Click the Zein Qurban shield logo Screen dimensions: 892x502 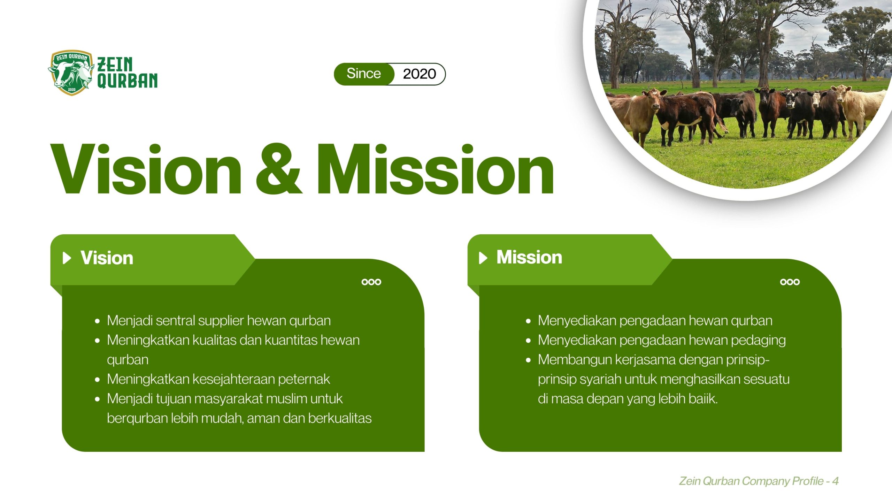[x=71, y=73]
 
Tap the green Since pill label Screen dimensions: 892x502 [x=363, y=74]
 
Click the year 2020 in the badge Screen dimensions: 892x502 [x=419, y=74]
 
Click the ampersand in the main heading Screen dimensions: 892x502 [x=278, y=169]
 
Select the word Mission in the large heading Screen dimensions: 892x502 [x=435, y=169]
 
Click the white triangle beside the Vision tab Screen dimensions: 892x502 [x=67, y=258]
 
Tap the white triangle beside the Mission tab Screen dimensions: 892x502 [x=483, y=258]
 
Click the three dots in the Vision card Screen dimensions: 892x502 [x=371, y=282]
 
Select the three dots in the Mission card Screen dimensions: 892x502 [x=790, y=282]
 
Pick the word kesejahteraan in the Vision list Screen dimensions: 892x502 [x=233, y=379]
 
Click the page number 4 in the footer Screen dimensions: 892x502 [x=835, y=481]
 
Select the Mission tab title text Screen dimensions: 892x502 [x=529, y=257]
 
